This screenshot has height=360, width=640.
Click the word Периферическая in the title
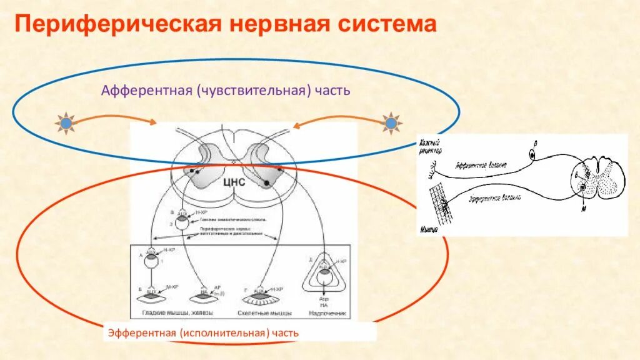(x=115, y=25)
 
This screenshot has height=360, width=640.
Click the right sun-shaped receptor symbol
(x=391, y=124)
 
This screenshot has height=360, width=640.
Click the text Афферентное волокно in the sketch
(x=481, y=166)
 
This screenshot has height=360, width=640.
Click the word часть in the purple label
(x=332, y=91)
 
